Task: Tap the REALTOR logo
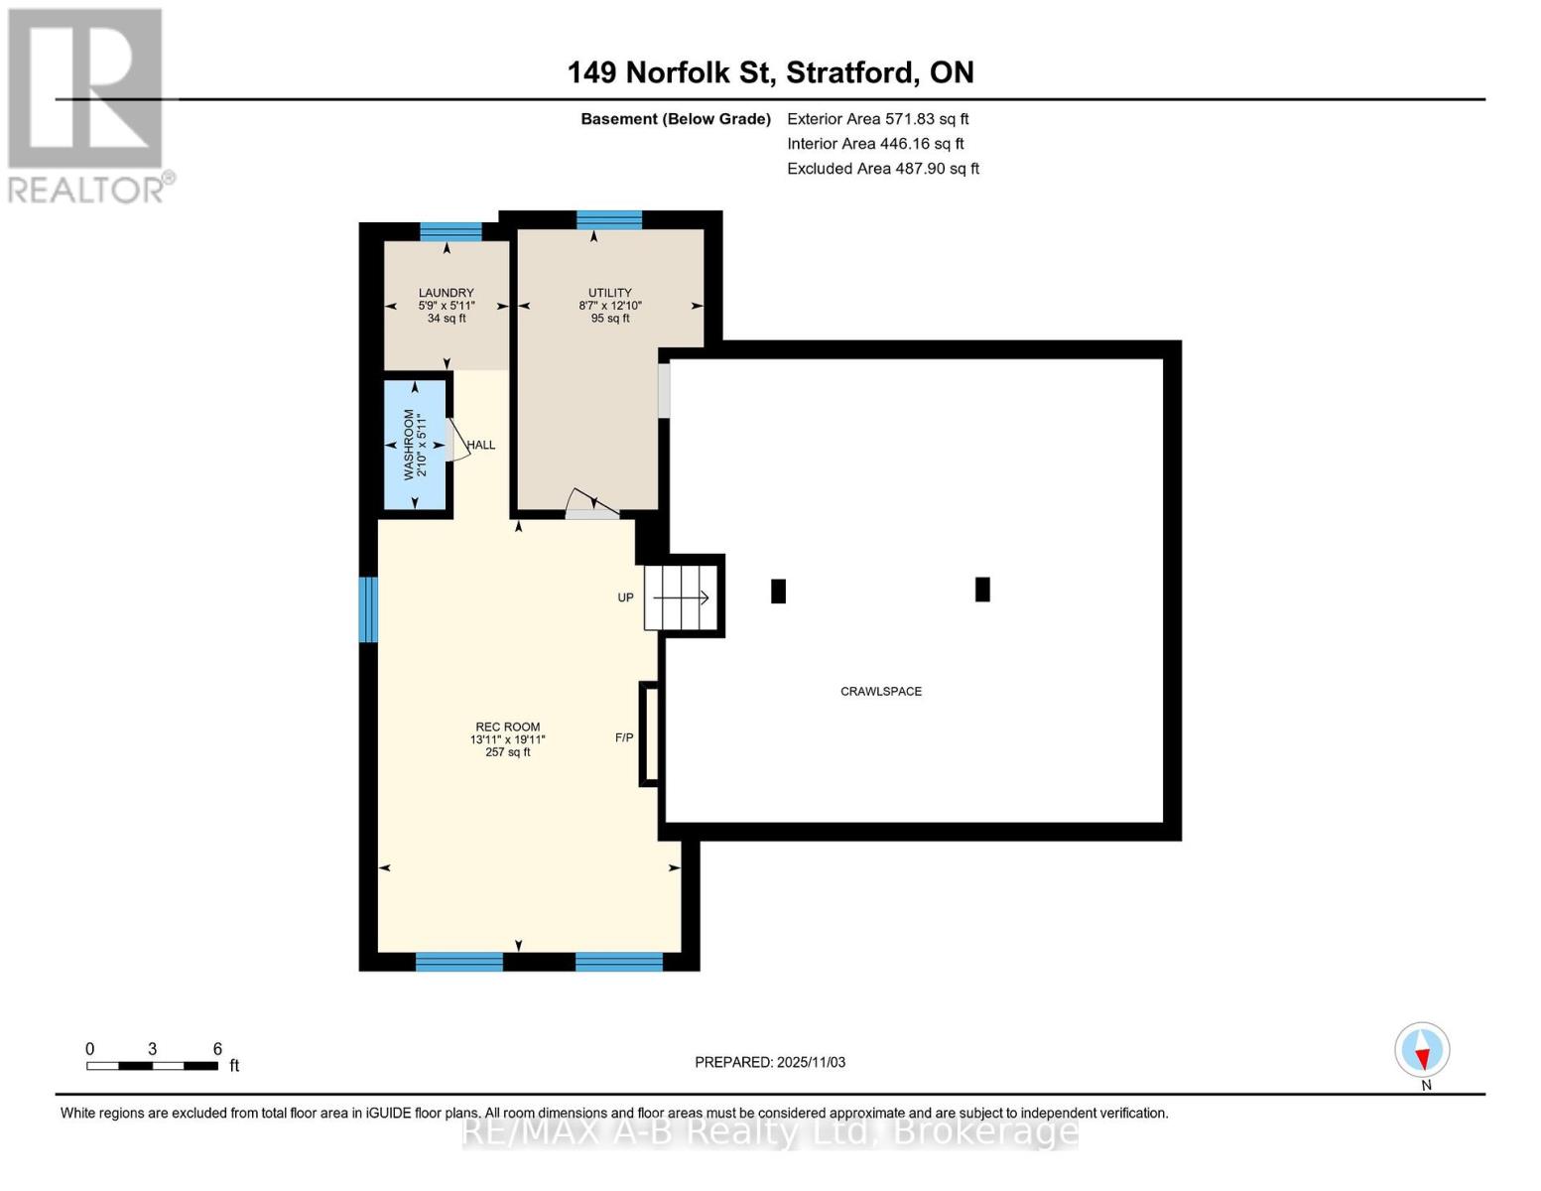87,105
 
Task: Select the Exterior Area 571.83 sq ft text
877,118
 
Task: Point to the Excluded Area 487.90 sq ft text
882,169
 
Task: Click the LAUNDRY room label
446,293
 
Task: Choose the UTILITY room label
609,293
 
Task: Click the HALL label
481,445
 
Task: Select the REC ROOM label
507,727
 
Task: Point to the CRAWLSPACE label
880,691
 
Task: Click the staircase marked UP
681,597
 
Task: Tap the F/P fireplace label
624,737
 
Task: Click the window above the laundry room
450,231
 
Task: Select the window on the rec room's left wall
368,608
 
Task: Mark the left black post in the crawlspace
778,591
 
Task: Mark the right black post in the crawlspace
982,590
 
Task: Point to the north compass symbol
1422,1050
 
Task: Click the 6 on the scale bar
217,1049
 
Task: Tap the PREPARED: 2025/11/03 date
770,1062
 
